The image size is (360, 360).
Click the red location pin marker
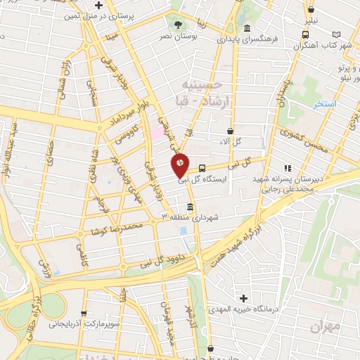click(x=180, y=165)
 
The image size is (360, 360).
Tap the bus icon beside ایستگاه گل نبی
click(x=202, y=168)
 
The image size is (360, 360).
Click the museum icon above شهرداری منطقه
click(x=190, y=207)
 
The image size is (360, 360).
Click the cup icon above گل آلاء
click(x=231, y=131)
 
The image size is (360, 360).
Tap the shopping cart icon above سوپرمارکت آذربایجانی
click(x=85, y=314)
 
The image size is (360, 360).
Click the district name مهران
click(x=323, y=327)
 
